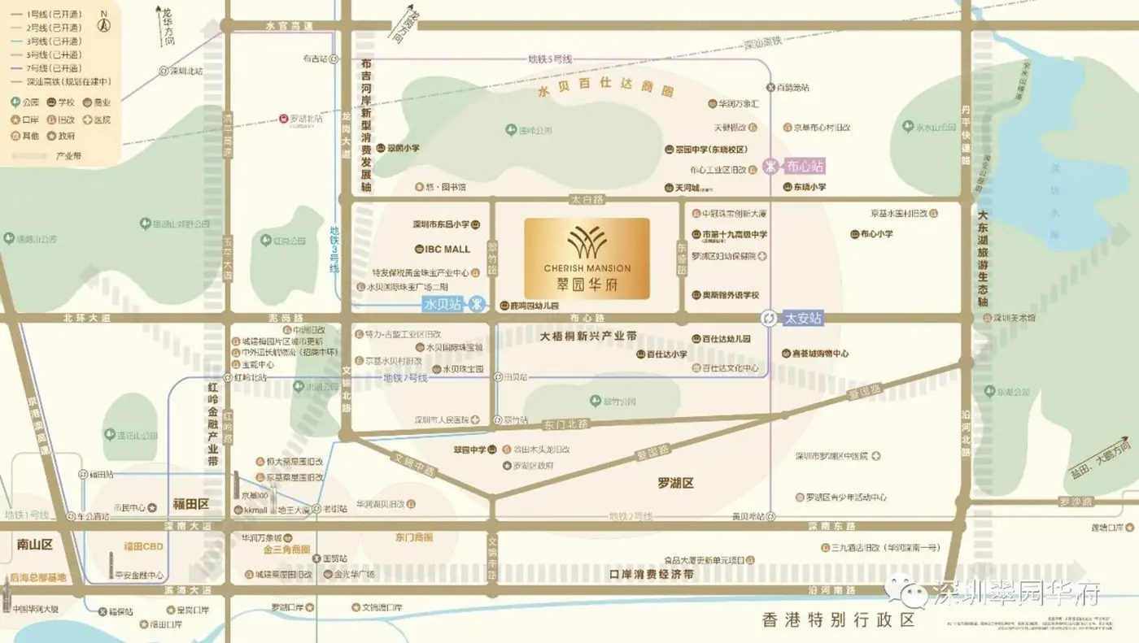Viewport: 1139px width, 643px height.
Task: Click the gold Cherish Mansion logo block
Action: pyautogui.click(x=587, y=259)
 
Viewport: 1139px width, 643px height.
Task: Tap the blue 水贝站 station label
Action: pyautogui.click(x=443, y=304)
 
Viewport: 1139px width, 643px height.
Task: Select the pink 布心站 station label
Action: pyautogui.click(x=805, y=167)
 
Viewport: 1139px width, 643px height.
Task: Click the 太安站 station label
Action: pyautogui.click(x=804, y=319)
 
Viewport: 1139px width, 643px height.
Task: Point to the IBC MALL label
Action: pyautogui.click(x=447, y=249)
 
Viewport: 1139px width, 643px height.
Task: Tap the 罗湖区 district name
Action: pyautogui.click(x=675, y=483)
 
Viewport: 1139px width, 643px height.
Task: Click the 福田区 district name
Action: pyautogui.click(x=191, y=504)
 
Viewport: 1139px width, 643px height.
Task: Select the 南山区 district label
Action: pyautogui.click(x=34, y=544)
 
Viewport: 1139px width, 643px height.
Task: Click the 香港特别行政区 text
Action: pyautogui.click(x=838, y=620)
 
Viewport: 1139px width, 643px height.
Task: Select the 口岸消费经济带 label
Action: pyautogui.click(x=652, y=574)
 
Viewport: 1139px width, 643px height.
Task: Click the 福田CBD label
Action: pyautogui.click(x=144, y=546)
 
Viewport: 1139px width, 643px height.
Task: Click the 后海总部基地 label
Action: pyautogui.click(x=37, y=578)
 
